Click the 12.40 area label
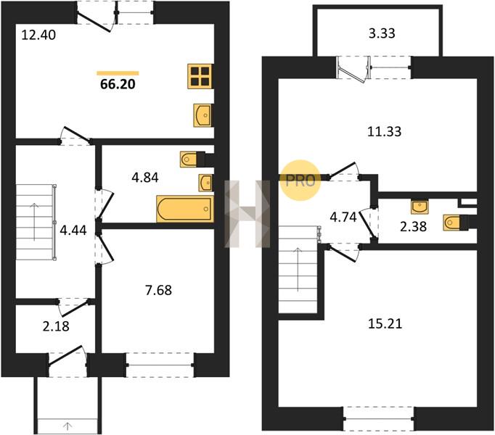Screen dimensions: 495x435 click(38, 35)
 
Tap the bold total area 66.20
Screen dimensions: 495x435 click(118, 84)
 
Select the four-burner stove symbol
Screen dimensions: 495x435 click(200, 76)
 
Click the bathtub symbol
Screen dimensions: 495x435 click(185, 209)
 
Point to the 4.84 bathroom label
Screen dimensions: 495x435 click(145, 178)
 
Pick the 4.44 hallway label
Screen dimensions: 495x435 click(73, 231)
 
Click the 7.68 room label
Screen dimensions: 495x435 click(158, 290)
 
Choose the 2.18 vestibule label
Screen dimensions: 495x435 click(56, 326)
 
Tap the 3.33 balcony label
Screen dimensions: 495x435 click(382, 33)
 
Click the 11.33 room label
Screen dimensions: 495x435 click(385, 131)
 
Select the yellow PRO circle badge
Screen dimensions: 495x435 click(300, 181)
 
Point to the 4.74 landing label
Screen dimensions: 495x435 click(343, 217)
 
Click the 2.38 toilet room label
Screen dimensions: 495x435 click(413, 226)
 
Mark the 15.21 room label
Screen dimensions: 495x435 click(385, 324)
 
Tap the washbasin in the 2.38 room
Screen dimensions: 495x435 click(420, 207)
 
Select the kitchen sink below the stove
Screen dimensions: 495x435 click(202, 115)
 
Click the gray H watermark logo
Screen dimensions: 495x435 click(247, 214)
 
